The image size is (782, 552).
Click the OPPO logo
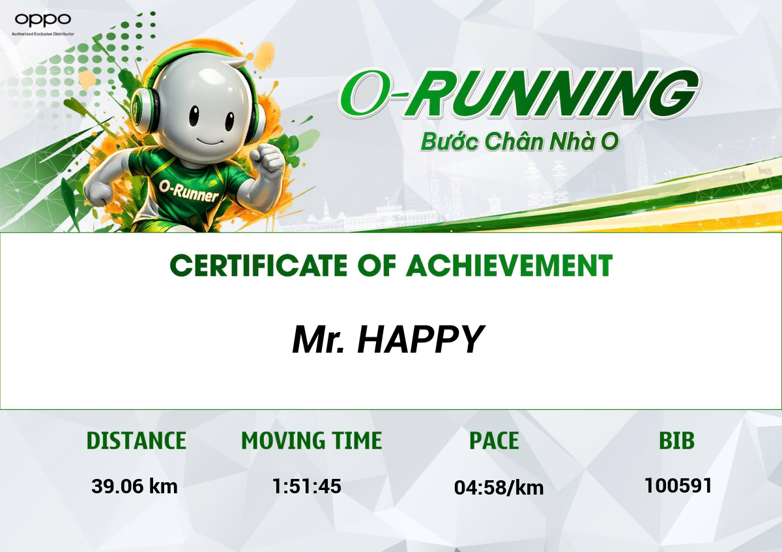tap(42, 20)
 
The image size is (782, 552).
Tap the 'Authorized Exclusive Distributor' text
tap(43, 34)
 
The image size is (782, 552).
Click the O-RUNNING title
tap(519, 94)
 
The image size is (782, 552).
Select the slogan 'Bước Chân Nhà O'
tap(519, 142)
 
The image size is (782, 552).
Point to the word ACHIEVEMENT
tap(509, 266)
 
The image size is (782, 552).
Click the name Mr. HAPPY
tap(388, 340)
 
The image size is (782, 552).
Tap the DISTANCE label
tap(136, 440)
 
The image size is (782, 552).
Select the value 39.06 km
tap(134, 486)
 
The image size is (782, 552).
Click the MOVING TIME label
tap(311, 440)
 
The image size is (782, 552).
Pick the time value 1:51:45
tap(306, 486)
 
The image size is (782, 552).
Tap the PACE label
tap(494, 440)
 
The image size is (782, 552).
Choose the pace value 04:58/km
tap(499, 487)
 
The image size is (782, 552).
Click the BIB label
tap(677, 440)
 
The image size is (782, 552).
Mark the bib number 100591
tap(678, 485)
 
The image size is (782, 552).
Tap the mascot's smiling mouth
tap(210, 142)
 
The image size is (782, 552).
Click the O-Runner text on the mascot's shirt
tap(188, 191)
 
